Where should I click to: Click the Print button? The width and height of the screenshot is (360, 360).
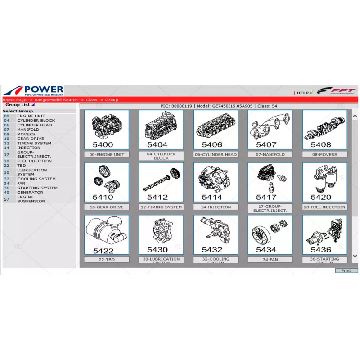coord(346,270)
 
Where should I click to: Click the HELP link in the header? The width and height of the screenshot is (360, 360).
coord(302,93)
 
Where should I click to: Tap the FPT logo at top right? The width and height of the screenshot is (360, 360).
coord(336,91)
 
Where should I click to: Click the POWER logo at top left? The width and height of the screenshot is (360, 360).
coord(34,90)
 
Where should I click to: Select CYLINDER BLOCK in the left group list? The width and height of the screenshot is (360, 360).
coord(36,121)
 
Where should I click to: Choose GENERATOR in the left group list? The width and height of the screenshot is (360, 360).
coord(30,193)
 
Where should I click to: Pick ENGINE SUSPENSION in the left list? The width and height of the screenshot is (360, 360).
coord(31,199)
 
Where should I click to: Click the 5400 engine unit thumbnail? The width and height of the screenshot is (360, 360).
coord(106,130)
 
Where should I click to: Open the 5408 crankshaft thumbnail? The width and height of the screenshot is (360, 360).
coord(324,130)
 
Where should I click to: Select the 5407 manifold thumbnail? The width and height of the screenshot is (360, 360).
coord(270,130)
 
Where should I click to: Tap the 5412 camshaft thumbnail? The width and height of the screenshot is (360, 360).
coord(161,182)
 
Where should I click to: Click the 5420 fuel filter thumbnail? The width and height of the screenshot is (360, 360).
coord(324,182)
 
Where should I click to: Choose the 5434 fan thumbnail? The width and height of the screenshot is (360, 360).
coord(270,234)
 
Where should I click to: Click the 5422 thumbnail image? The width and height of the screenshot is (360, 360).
coord(106,234)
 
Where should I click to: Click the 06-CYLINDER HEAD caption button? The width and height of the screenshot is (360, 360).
coord(216,154)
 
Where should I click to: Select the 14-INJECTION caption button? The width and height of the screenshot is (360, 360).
coord(216,207)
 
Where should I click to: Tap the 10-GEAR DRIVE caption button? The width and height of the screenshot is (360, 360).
coord(106,207)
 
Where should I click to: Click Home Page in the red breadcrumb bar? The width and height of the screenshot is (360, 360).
coord(14,100)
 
